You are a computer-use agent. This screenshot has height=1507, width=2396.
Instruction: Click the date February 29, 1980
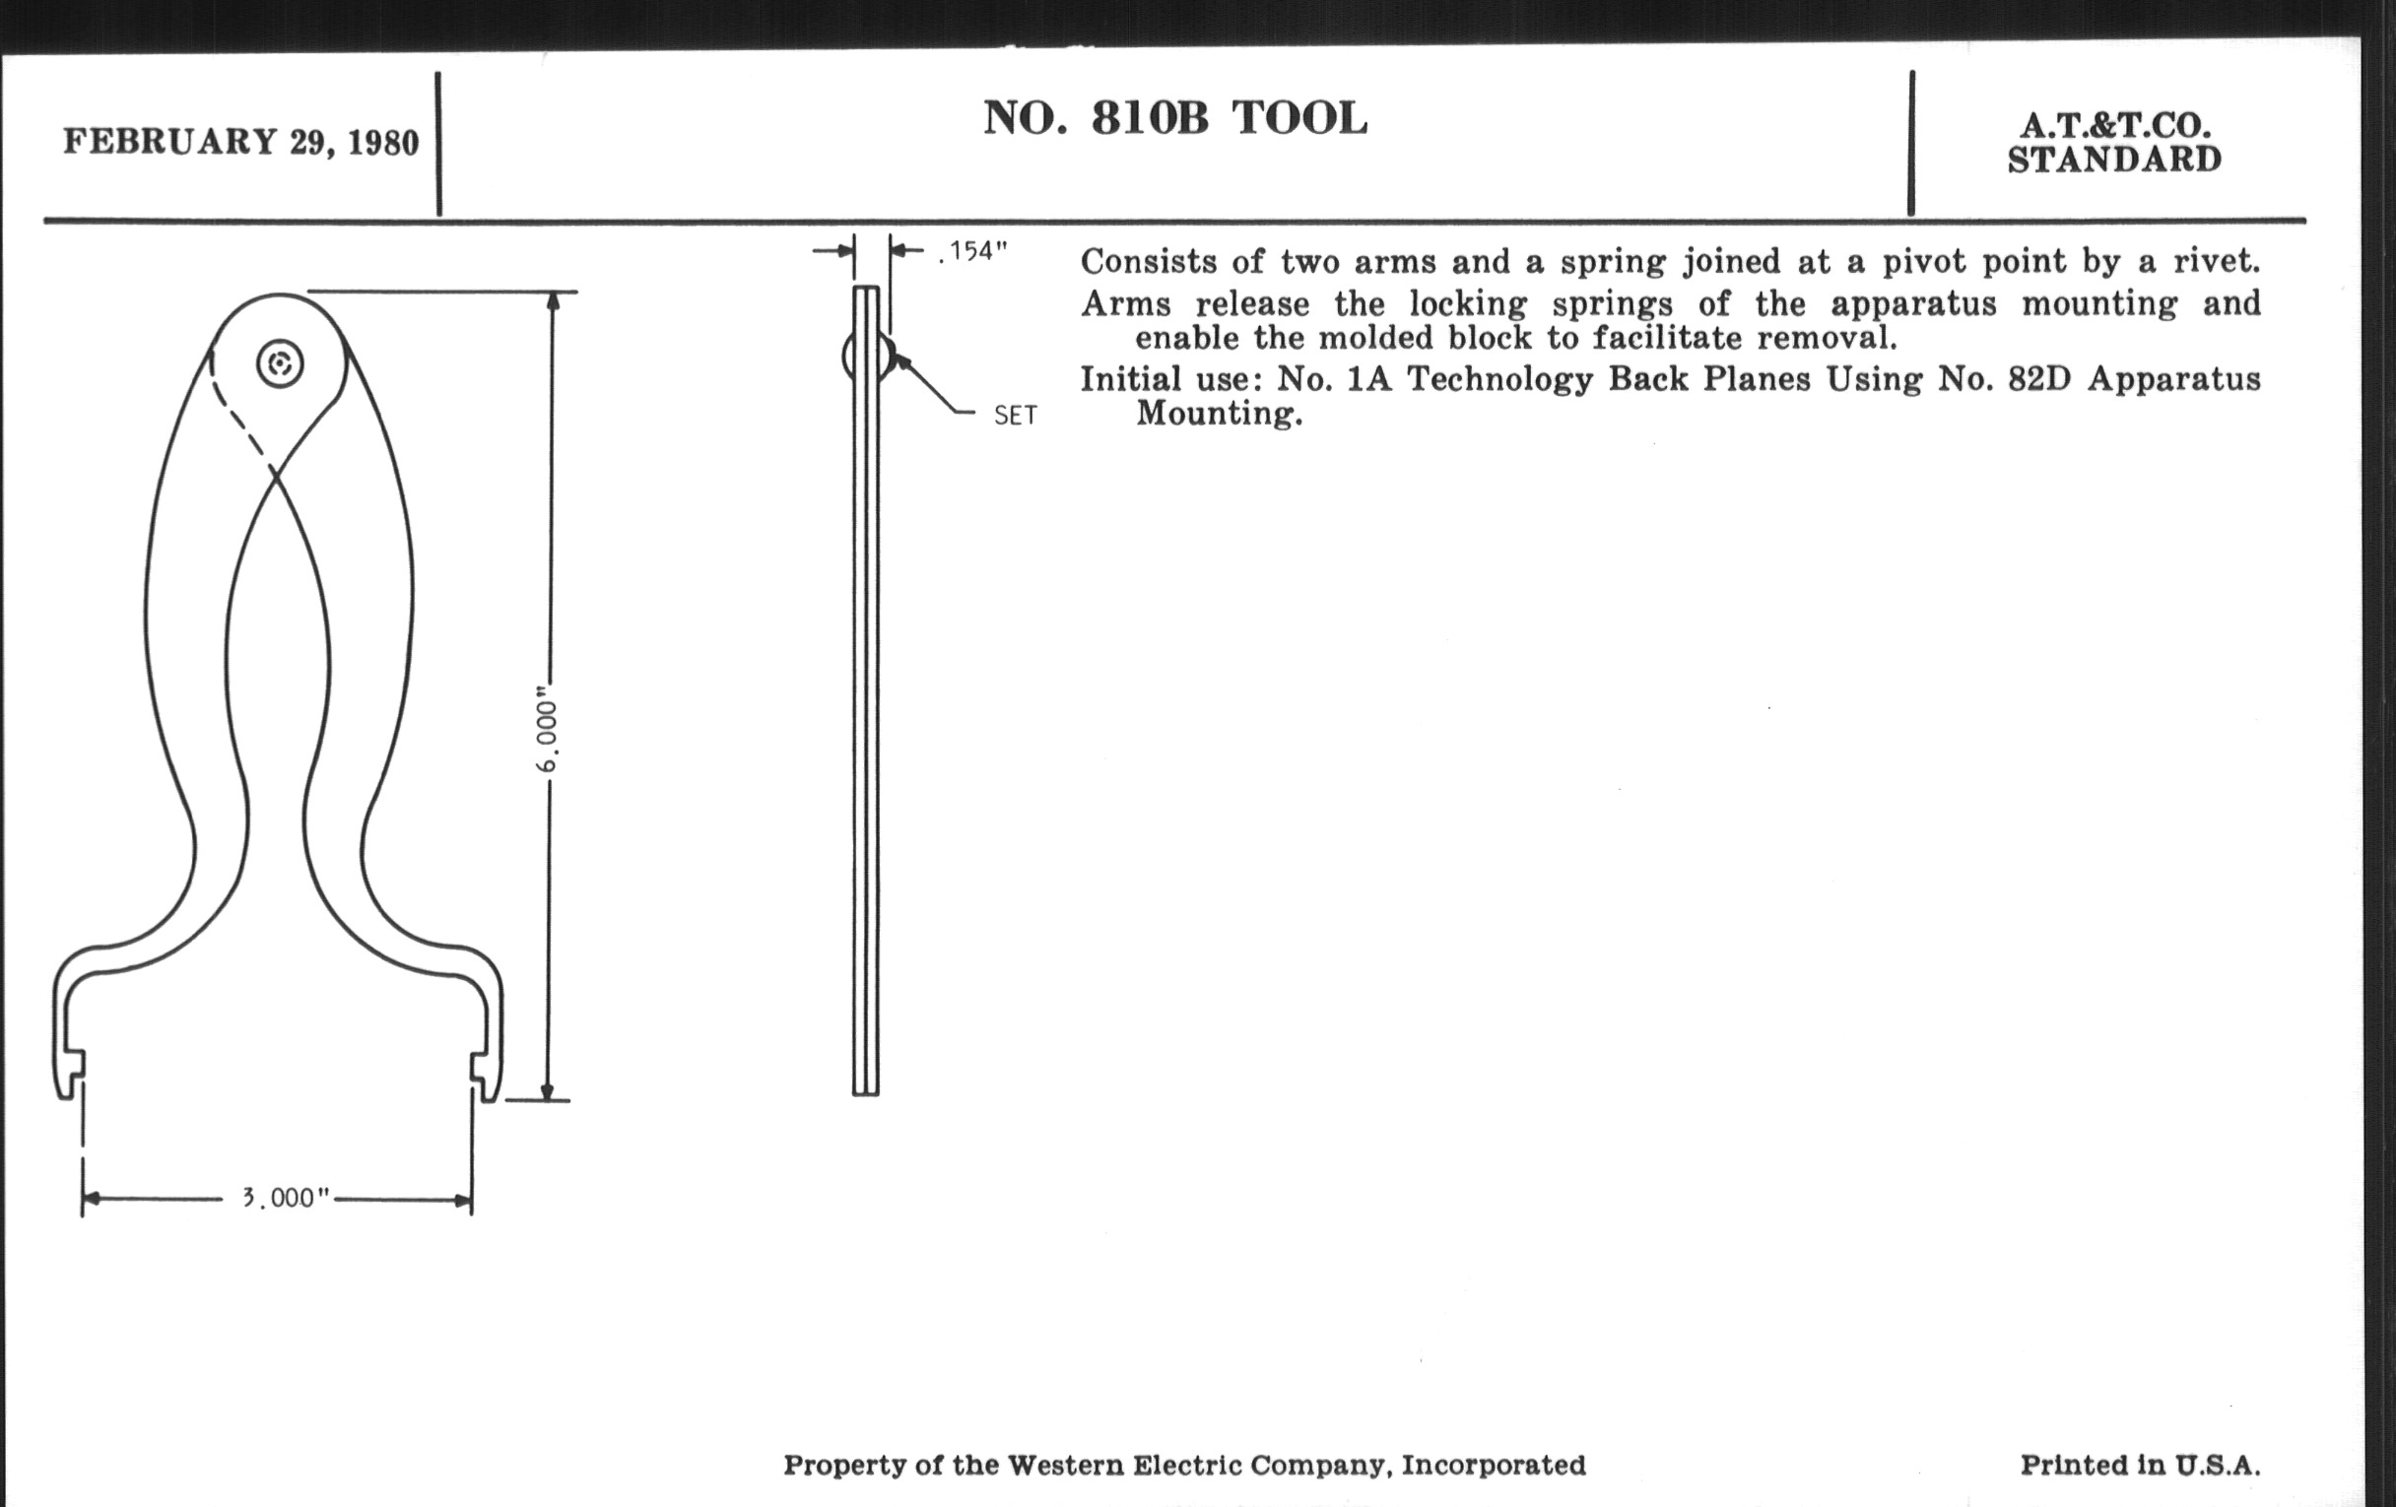click(240, 142)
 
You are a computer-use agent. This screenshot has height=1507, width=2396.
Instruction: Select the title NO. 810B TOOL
click(1175, 118)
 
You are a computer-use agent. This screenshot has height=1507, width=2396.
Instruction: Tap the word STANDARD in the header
click(2114, 161)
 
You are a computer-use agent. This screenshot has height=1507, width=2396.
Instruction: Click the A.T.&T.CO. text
click(2115, 126)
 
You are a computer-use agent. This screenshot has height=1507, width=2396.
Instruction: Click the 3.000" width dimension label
click(286, 1197)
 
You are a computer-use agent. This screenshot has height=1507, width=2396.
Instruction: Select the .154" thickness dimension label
click(972, 252)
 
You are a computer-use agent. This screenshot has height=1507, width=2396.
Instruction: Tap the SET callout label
click(1015, 416)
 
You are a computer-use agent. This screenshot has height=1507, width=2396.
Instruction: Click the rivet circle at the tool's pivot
click(280, 364)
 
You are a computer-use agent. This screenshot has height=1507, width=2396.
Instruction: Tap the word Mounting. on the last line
click(1220, 414)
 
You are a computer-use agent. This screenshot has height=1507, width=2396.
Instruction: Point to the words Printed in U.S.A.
click(2140, 1465)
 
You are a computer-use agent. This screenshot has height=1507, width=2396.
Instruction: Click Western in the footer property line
click(1068, 1465)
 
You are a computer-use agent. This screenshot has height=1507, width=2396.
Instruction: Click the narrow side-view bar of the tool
click(866, 691)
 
